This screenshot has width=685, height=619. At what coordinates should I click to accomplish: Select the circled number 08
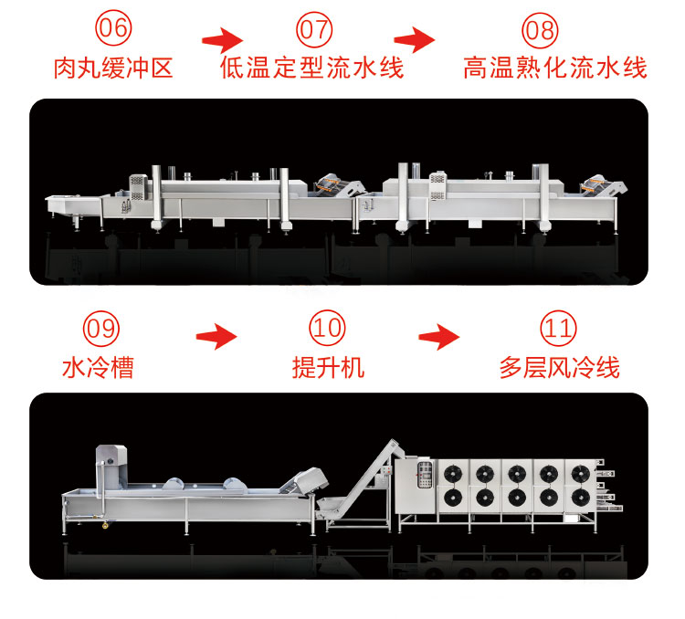540,28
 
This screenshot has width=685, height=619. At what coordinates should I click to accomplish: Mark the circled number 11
558,329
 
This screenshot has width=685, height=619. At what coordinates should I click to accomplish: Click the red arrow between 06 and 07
222,40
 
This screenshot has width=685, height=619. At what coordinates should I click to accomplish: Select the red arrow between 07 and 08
414,40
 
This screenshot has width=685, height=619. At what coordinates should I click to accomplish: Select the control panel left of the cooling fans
421,473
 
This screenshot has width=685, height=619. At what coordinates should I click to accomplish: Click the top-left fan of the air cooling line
452,475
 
